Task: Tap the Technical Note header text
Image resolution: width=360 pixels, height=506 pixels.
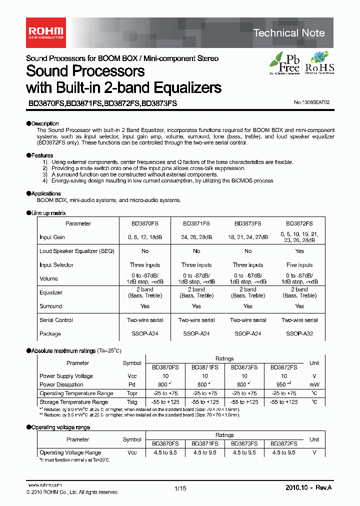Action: [x=289, y=33]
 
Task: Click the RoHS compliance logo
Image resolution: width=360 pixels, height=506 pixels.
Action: [x=319, y=63]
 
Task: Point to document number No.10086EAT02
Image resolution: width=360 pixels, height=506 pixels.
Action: [x=312, y=102]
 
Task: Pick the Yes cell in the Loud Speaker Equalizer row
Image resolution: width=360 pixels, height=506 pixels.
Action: [x=299, y=251]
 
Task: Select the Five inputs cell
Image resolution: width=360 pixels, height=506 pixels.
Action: [x=299, y=265]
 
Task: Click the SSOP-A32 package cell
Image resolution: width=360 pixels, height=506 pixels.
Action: [x=299, y=333]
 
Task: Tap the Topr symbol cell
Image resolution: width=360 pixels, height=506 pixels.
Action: [x=132, y=393]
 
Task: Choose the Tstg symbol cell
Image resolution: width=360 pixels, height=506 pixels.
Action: [x=132, y=402]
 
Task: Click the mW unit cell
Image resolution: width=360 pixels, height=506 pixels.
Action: [x=314, y=384]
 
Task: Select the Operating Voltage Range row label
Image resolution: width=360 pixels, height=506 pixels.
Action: [x=70, y=452]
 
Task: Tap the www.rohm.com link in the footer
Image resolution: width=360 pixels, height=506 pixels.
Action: [x=44, y=485]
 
